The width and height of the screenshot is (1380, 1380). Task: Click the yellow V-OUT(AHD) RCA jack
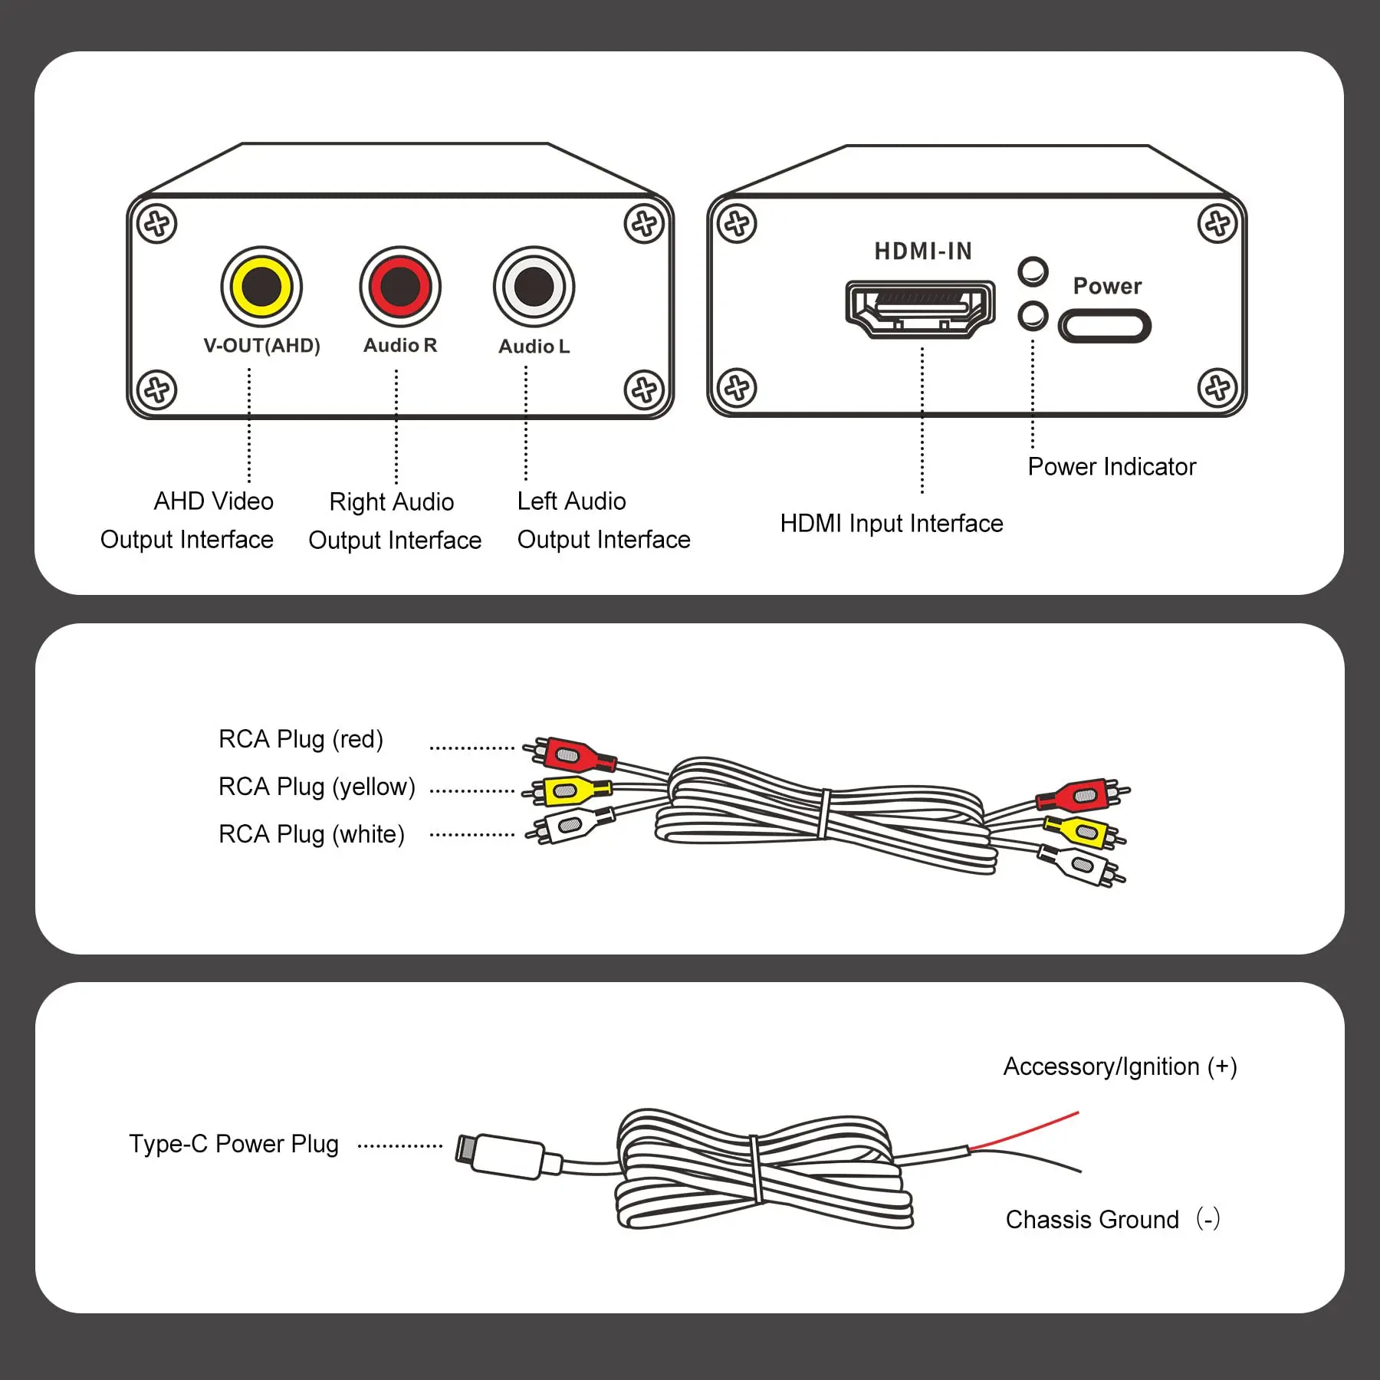(x=261, y=287)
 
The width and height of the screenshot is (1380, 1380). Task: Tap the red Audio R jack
(x=400, y=287)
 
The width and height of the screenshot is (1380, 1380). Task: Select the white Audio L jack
(x=534, y=287)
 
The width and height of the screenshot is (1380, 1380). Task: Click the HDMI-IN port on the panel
(x=920, y=309)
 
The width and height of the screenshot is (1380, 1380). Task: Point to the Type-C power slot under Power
(x=1105, y=327)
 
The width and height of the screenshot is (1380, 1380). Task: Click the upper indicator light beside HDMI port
(x=1033, y=271)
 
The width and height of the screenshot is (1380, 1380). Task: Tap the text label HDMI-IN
(x=923, y=251)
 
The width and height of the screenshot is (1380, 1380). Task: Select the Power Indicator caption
(x=1112, y=467)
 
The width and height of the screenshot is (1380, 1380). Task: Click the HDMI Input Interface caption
(x=891, y=524)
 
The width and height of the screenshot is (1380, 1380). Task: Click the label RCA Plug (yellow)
(x=317, y=787)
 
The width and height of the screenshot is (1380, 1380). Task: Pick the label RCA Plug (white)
(x=311, y=834)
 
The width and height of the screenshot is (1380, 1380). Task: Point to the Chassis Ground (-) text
(x=1112, y=1220)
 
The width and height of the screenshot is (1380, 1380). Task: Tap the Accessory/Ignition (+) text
(x=1119, y=1066)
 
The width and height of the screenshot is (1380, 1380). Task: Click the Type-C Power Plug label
(x=234, y=1144)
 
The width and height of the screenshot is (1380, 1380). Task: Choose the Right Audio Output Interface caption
(x=394, y=521)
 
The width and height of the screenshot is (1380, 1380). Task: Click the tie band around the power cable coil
(x=757, y=1169)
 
